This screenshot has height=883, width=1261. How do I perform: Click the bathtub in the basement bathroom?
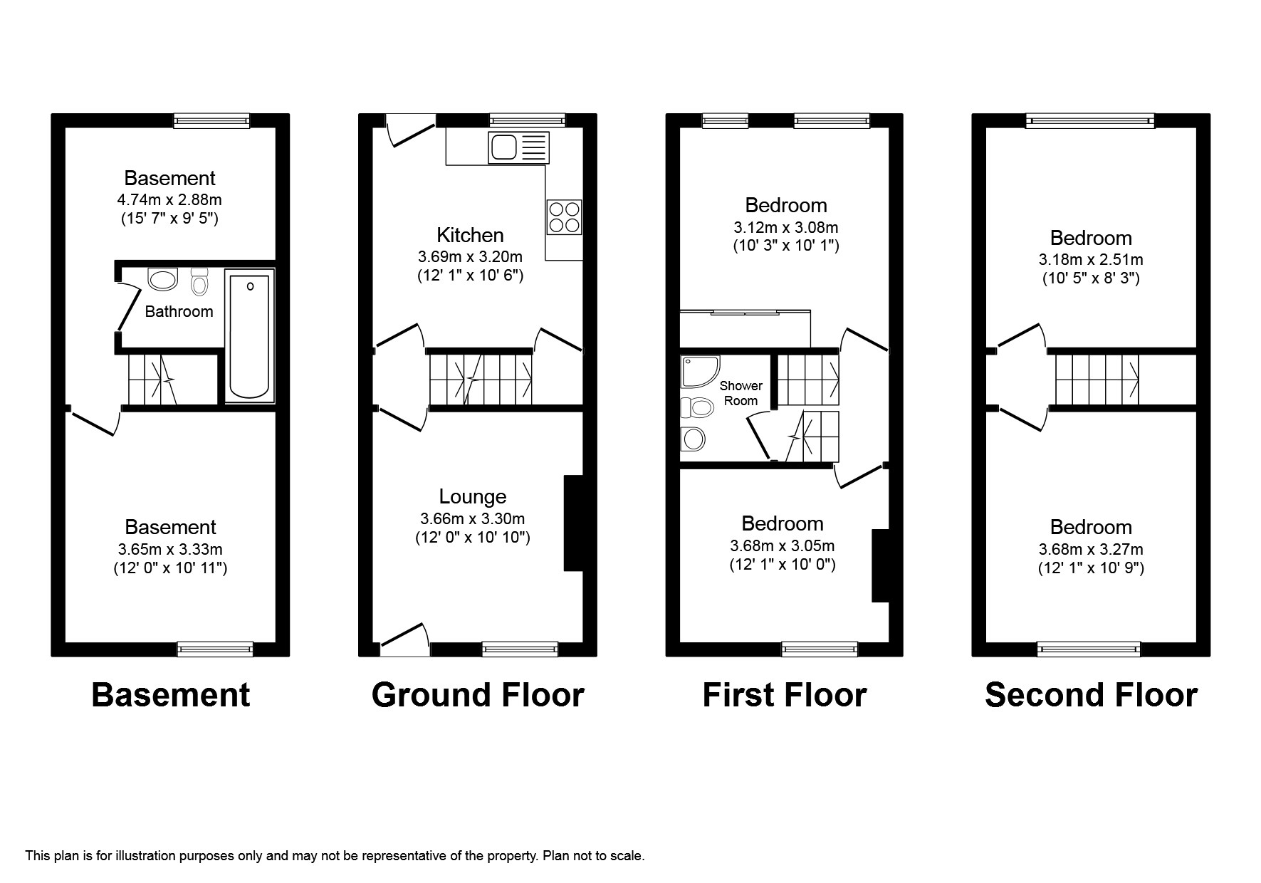(x=249, y=335)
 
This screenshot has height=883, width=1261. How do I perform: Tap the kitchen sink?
(x=519, y=147)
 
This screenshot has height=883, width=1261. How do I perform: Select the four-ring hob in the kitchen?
(x=564, y=216)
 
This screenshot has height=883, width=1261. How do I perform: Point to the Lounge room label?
(x=473, y=496)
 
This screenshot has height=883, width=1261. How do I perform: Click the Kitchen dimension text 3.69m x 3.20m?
(x=470, y=256)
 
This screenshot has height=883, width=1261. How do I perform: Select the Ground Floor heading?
(x=478, y=695)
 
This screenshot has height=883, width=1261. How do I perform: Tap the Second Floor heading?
(x=1091, y=695)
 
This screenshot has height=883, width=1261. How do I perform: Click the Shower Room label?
(x=741, y=393)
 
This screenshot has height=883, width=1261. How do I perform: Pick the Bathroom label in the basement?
(x=179, y=311)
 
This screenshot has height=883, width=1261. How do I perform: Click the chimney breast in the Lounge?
(x=573, y=523)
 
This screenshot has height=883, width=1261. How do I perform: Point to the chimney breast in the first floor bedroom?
(x=881, y=566)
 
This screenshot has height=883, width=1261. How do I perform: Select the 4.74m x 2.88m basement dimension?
(x=169, y=200)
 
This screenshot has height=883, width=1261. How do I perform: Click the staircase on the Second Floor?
(x=1097, y=380)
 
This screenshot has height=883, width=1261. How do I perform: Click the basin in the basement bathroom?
(x=162, y=279)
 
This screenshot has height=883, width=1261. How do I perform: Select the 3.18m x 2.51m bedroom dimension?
(x=1091, y=260)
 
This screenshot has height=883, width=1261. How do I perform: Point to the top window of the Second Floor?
(x=1090, y=121)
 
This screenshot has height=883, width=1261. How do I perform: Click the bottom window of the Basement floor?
(x=215, y=649)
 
